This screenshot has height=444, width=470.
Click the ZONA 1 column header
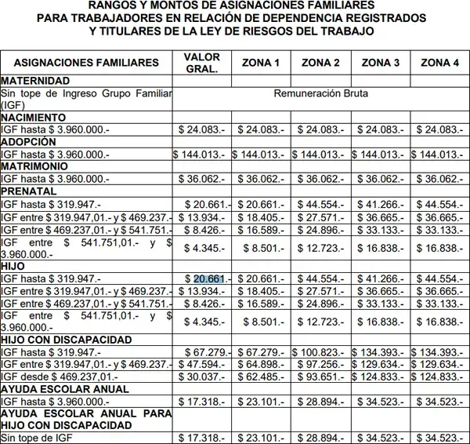261,63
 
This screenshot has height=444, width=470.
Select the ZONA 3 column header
381,63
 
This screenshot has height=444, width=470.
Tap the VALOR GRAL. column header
201,63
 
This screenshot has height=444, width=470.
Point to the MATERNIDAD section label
35,81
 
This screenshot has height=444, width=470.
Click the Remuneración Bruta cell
320,93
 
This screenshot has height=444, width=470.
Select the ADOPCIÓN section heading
29,142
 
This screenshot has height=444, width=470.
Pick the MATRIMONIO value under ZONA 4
439,179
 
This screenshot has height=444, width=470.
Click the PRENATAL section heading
29,191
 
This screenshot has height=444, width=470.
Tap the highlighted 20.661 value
209,278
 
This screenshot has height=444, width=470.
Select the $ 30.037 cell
202,377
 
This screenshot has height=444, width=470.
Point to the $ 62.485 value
261,377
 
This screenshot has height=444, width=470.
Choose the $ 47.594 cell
202,365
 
